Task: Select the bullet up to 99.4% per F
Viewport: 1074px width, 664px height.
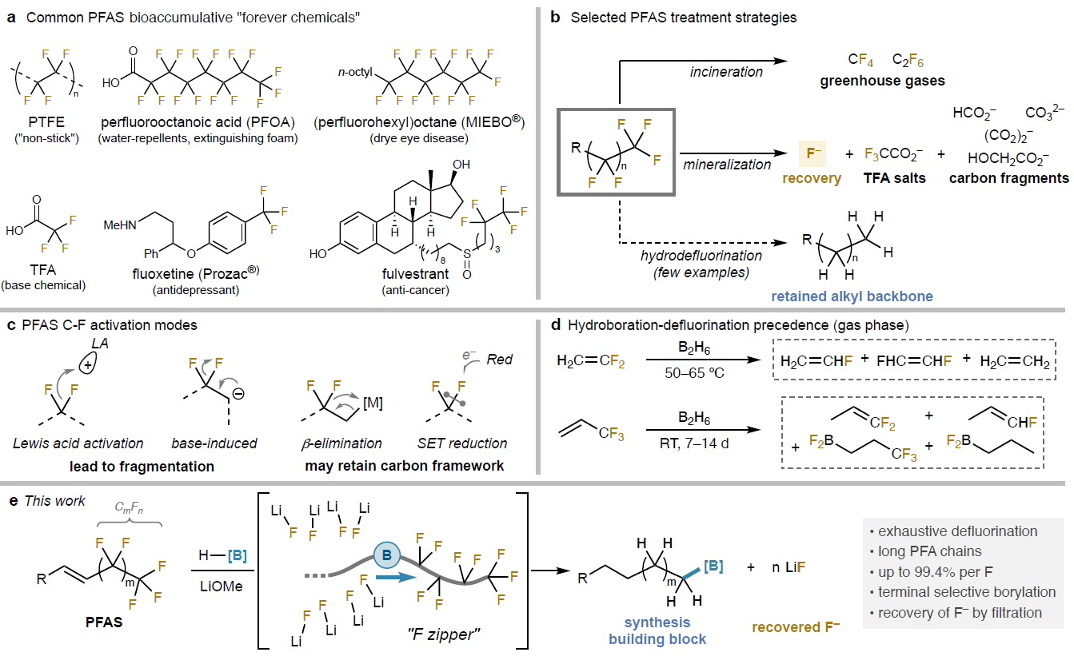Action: click(928, 572)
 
